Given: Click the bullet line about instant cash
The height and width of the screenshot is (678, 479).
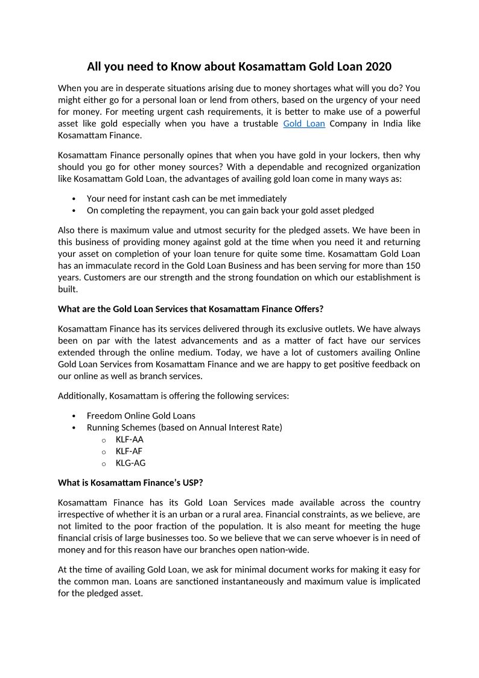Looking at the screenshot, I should coord(186,199).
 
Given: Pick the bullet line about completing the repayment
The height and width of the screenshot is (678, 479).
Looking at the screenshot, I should coord(230,211).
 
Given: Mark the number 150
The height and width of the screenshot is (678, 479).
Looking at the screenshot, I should coord(413,266).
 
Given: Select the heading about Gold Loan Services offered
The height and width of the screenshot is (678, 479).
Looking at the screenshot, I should coord(191,309).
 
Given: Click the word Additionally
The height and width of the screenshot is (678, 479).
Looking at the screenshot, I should coord(83,396).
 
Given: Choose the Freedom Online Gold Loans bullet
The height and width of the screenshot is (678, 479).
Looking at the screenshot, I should coord(141,416).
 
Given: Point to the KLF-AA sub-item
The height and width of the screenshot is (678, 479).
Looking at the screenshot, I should coord(130,440).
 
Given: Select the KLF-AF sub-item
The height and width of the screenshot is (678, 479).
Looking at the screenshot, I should coord(129,451).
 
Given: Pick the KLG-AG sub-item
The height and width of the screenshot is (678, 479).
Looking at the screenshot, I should coord(130,463).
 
